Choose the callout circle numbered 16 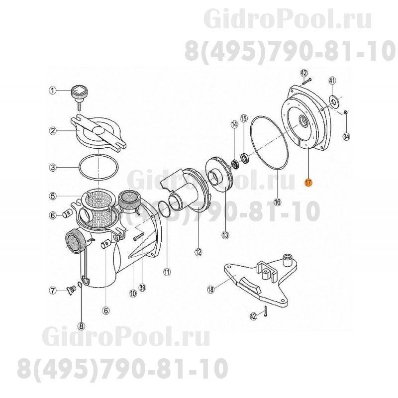[x=277, y=202]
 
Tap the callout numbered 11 [x=167, y=272]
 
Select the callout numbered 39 [x=142, y=288]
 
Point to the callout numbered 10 [x=133, y=294]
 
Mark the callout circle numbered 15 [x=244, y=118]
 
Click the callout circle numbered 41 [x=333, y=80]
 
